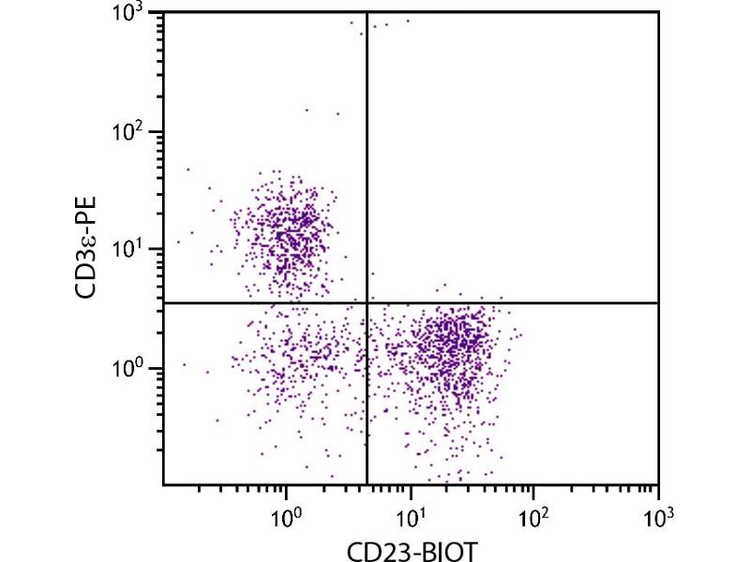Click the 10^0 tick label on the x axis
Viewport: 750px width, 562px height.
[x=285, y=513]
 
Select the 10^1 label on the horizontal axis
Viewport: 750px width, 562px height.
[x=410, y=513]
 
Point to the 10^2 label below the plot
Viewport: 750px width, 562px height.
[x=533, y=513]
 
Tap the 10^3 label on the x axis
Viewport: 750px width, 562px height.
[x=658, y=513]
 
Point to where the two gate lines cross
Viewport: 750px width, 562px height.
[x=366, y=303]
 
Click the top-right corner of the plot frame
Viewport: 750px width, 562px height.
[x=658, y=12]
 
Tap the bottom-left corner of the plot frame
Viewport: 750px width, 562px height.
[x=164, y=484]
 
